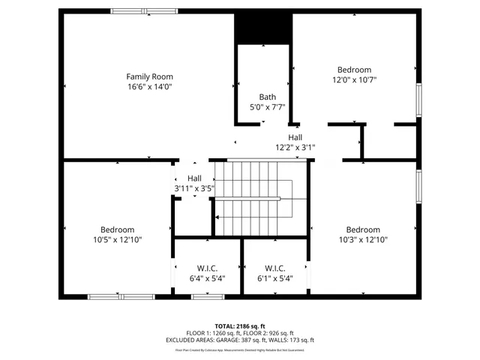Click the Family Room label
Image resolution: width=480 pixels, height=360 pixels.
(x=149, y=76)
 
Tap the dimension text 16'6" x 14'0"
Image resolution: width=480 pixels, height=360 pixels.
(x=149, y=87)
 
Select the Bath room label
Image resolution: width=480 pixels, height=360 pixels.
(x=267, y=97)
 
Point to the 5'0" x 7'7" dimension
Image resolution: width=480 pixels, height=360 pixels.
(x=267, y=107)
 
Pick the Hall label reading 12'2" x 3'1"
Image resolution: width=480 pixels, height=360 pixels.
(x=295, y=137)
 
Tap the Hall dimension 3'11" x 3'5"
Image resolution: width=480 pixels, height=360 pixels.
(x=194, y=188)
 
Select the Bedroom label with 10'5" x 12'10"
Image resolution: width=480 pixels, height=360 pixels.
(x=118, y=229)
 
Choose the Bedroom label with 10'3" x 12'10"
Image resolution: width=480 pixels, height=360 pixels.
(x=362, y=229)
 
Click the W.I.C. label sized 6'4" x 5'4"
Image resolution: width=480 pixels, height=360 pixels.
(x=207, y=268)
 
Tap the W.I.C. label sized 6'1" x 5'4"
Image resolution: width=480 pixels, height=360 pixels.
(x=275, y=268)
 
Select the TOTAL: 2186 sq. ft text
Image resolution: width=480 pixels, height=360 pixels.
(x=240, y=326)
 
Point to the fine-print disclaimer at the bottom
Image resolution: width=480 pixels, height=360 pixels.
(x=240, y=349)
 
